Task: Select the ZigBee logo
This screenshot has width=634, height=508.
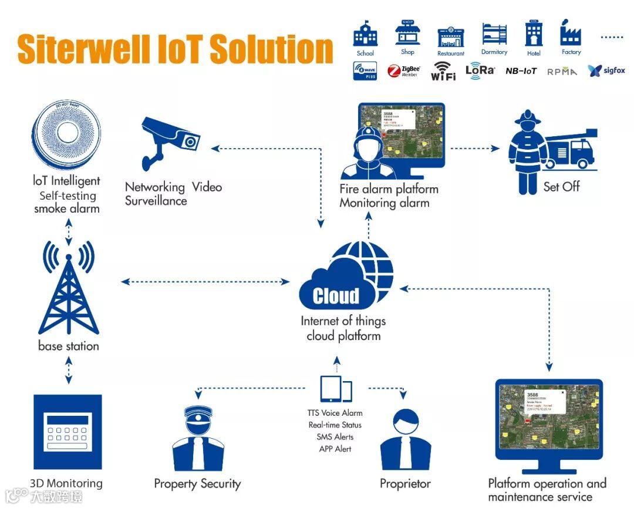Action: pos(404,72)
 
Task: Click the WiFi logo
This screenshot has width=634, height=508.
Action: pos(443,71)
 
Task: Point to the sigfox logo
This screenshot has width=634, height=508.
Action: pos(606,71)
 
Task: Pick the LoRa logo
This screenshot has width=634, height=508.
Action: pos(480,70)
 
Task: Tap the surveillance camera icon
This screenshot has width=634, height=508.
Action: pos(170,140)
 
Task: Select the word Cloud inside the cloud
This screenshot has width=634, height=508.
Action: pos(336,295)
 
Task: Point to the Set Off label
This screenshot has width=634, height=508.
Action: pos(561,187)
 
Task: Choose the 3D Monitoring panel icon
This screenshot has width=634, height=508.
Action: pos(68,433)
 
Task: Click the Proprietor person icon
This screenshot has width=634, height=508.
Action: pos(405,440)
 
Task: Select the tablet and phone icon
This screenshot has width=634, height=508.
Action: pos(336,389)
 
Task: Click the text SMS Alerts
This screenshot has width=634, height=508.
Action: pos(335,437)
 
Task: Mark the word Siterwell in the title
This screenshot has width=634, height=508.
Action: pos(83,49)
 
